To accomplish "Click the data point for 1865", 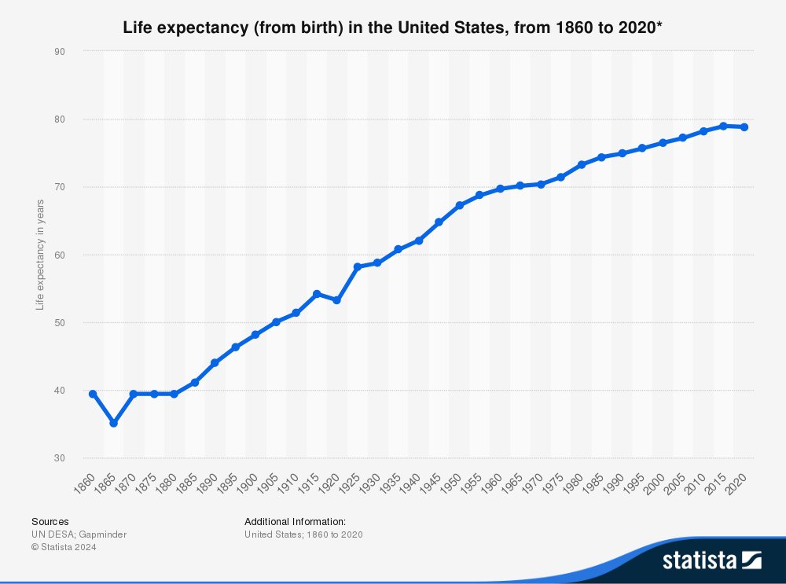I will tap(114, 423).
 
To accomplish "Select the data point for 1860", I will tap(94, 394).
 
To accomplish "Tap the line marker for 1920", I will tap(337, 300).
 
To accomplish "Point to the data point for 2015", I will tap(723, 126).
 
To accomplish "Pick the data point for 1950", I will tap(460, 205).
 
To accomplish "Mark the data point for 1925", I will tap(358, 266).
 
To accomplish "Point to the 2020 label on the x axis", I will tap(737, 482).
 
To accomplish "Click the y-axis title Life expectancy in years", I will tap(40, 255).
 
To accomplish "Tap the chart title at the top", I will tap(393, 28).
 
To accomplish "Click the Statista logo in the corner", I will tap(711, 560).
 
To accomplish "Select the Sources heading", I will tap(50, 521).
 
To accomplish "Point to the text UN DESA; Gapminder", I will tap(79, 534).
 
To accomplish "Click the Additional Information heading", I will tap(295, 521).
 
